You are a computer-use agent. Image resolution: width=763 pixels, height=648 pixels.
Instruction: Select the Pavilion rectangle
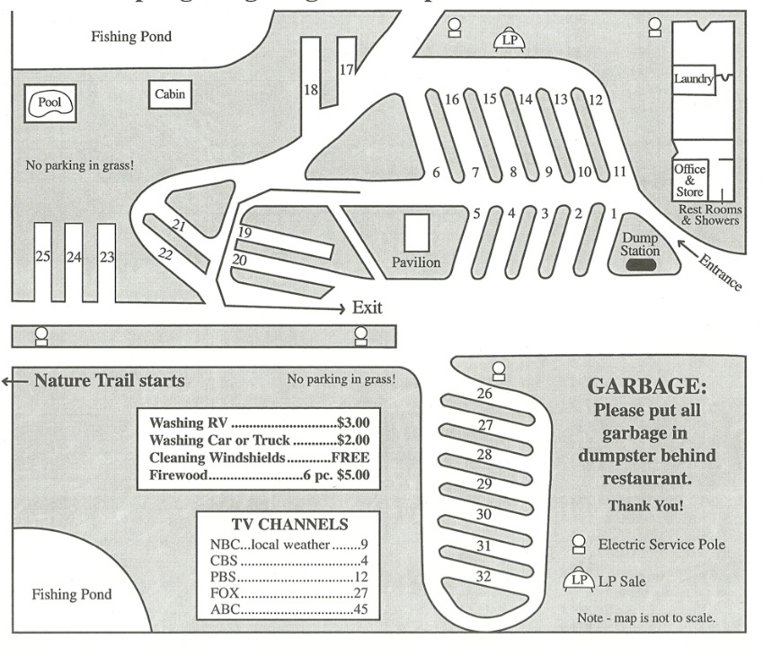click(416, 233)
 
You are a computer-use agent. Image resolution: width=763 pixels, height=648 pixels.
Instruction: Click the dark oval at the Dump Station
click(641, 265)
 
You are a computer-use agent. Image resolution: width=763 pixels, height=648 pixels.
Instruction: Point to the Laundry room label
click(694, 79)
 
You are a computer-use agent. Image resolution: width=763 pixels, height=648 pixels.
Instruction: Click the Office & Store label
click(689, 180)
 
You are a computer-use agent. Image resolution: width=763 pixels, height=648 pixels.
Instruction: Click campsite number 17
click(347, 69)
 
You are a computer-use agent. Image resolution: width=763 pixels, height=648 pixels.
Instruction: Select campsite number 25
click(42, 257)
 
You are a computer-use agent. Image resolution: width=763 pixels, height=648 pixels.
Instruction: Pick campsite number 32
click(484, 576)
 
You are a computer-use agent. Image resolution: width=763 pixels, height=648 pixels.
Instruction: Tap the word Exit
click(367, 307)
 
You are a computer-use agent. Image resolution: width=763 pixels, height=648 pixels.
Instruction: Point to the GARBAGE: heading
click(646, 386)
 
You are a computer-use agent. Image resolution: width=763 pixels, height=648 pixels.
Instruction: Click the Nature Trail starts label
click(109, 380)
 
